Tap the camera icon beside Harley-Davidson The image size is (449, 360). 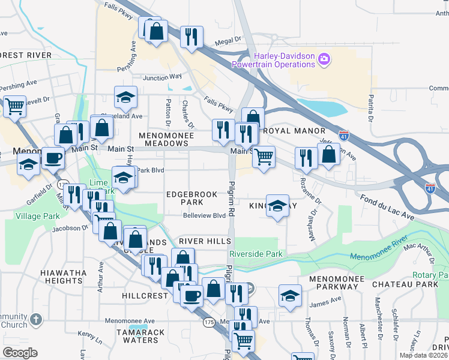(324, 59)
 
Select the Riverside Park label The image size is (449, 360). (256, 254)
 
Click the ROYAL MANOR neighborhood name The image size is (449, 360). (294, 131)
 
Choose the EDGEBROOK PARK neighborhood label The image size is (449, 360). (192, 198)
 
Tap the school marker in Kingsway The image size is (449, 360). (277, 205)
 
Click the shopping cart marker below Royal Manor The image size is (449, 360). (263, 157)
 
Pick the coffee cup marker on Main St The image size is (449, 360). (52, 158)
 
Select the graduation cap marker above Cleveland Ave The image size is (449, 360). (126, 97)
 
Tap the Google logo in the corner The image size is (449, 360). (19, 352)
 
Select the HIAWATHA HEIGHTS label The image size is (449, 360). (64, 277)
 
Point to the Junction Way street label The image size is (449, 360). (161, 77)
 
